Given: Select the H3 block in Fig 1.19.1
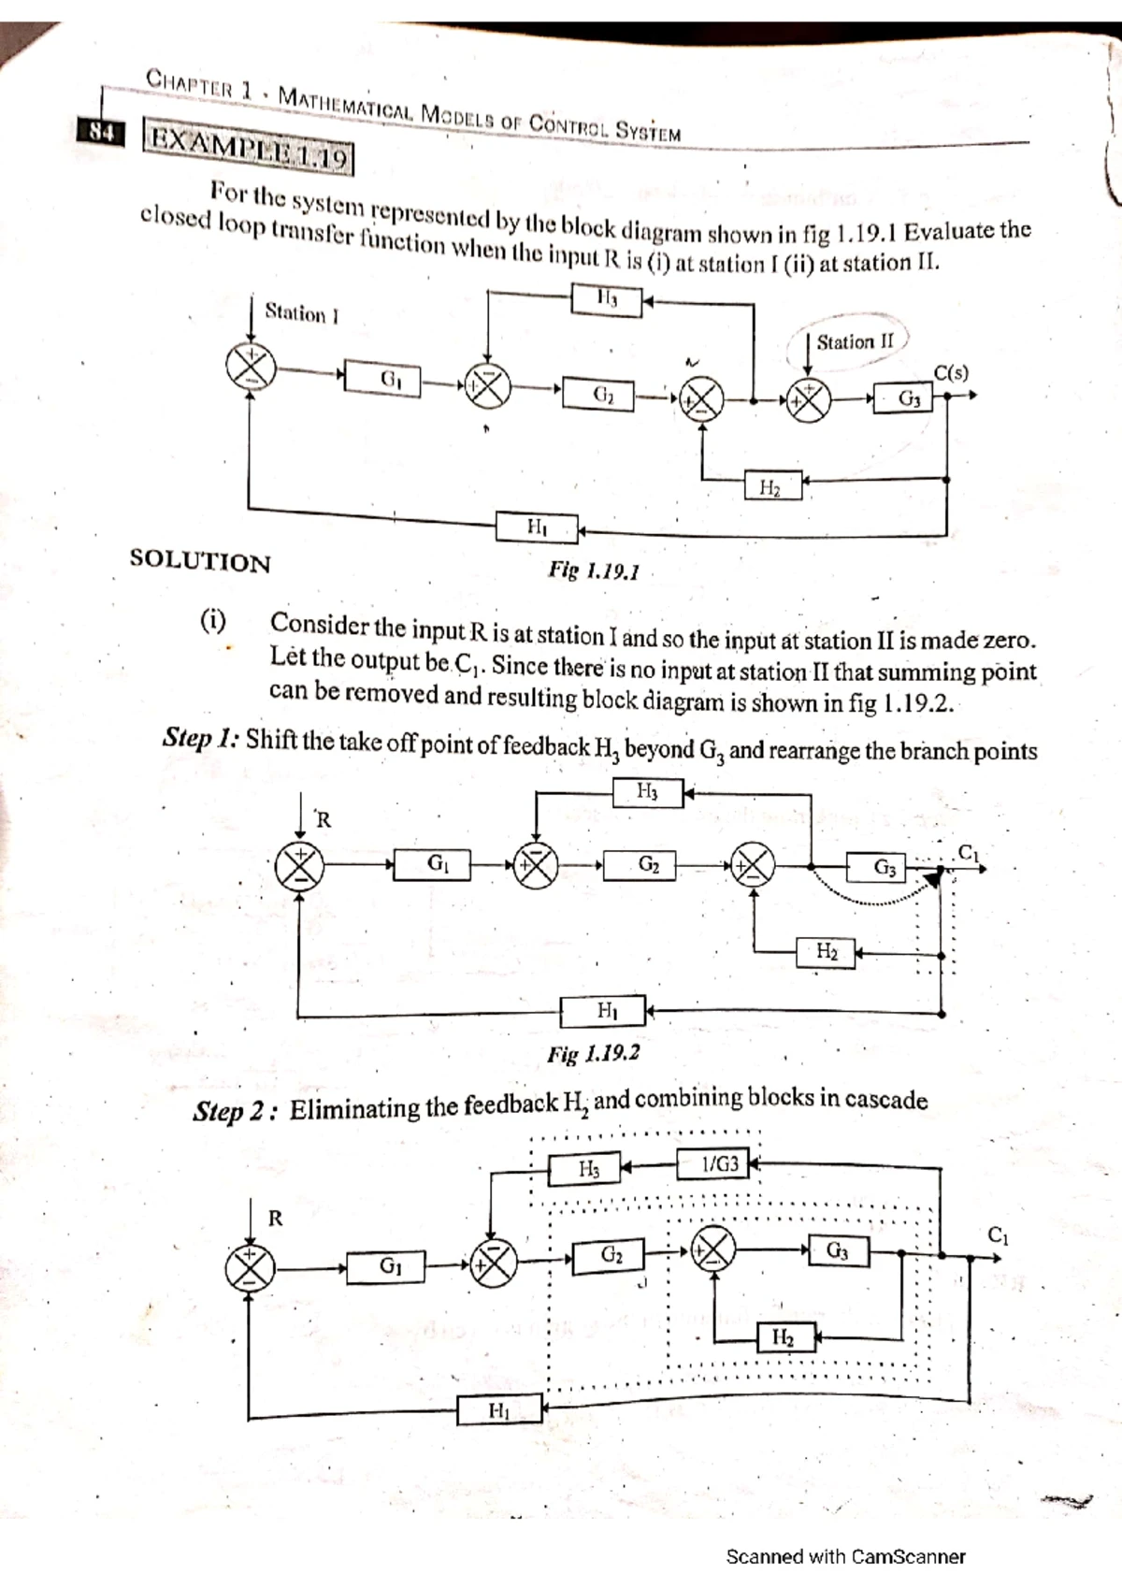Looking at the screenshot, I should pos(606,300).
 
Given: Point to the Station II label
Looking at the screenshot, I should pos(855,342).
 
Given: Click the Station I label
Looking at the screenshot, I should pos(301,312).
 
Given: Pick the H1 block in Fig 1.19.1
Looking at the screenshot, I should pos(537,527).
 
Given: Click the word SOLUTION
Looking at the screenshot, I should pos(200,561).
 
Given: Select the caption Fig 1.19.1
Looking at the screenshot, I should pos(594,570).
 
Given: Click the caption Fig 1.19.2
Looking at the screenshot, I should pos(594,1053).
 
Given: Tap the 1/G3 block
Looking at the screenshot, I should pos(719,1165).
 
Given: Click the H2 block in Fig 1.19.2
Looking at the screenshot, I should pos(827,952).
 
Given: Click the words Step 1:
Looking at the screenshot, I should pos(201,738).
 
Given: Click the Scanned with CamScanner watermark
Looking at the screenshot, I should pos(845,1556).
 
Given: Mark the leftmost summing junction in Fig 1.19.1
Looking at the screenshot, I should pos(250,366).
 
